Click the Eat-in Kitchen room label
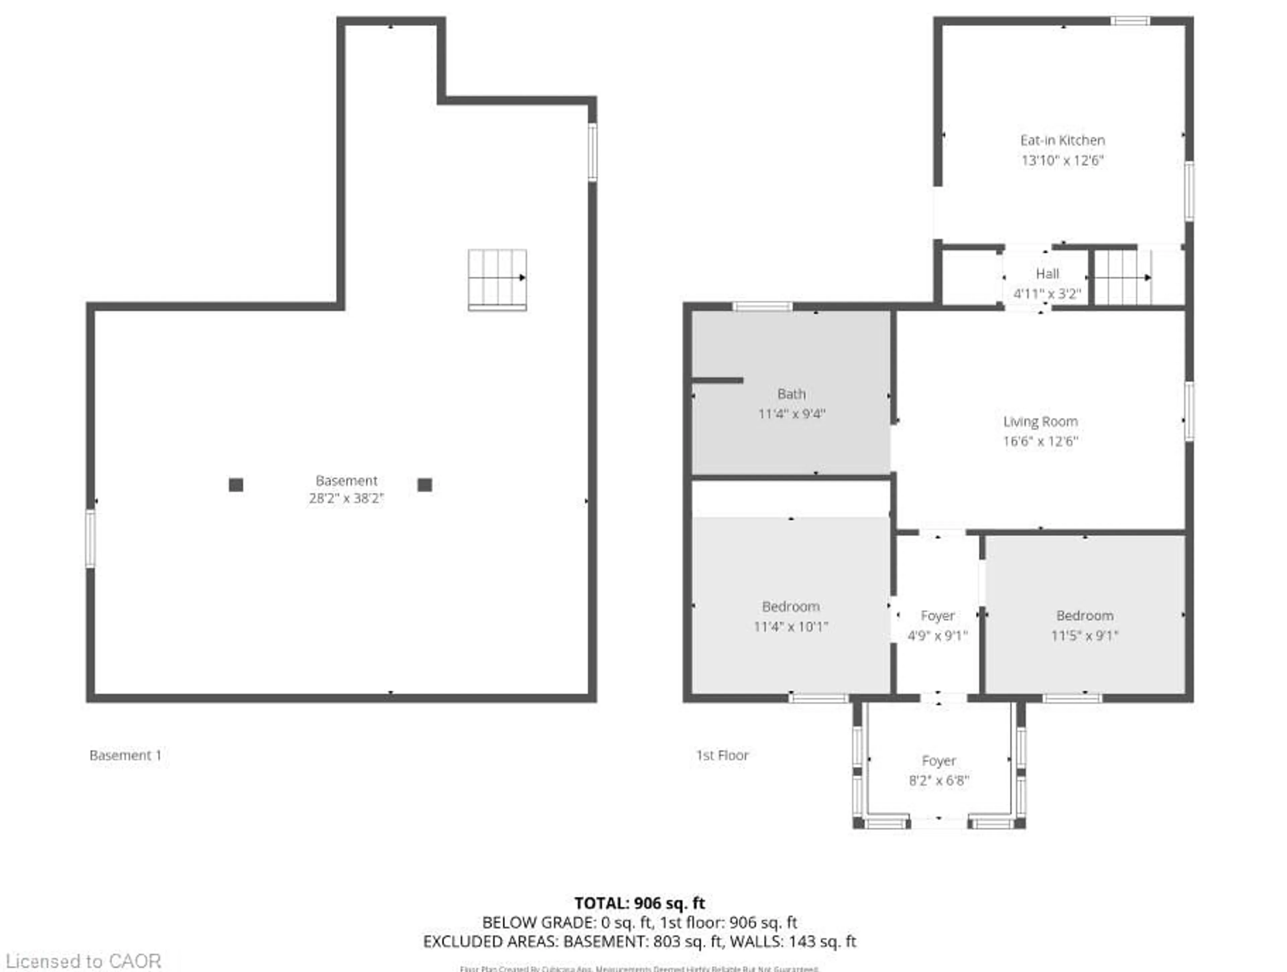(x=1062, y=140)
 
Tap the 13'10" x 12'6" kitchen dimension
(x=1062, y=161)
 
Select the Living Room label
(x=1040, y=422)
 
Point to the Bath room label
(x=791, y=394)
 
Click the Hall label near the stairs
(x=1047, y=274)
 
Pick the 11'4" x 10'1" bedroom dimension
(x=791, y=626)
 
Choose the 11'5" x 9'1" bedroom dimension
(x=1085, y=635)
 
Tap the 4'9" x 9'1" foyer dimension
(x=938, y=635)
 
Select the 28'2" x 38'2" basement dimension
(x=346, y=498)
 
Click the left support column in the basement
(x=236, y=485)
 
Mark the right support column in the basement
(x=425, y=485)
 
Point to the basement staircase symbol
(x=497, y=279)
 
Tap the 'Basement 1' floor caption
(x=125, y=755)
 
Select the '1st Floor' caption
(x=722, y=755)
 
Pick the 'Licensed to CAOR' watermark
(x=83, y=961)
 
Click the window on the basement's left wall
(x=90, y=538)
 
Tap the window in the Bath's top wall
(x=762, y=307)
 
